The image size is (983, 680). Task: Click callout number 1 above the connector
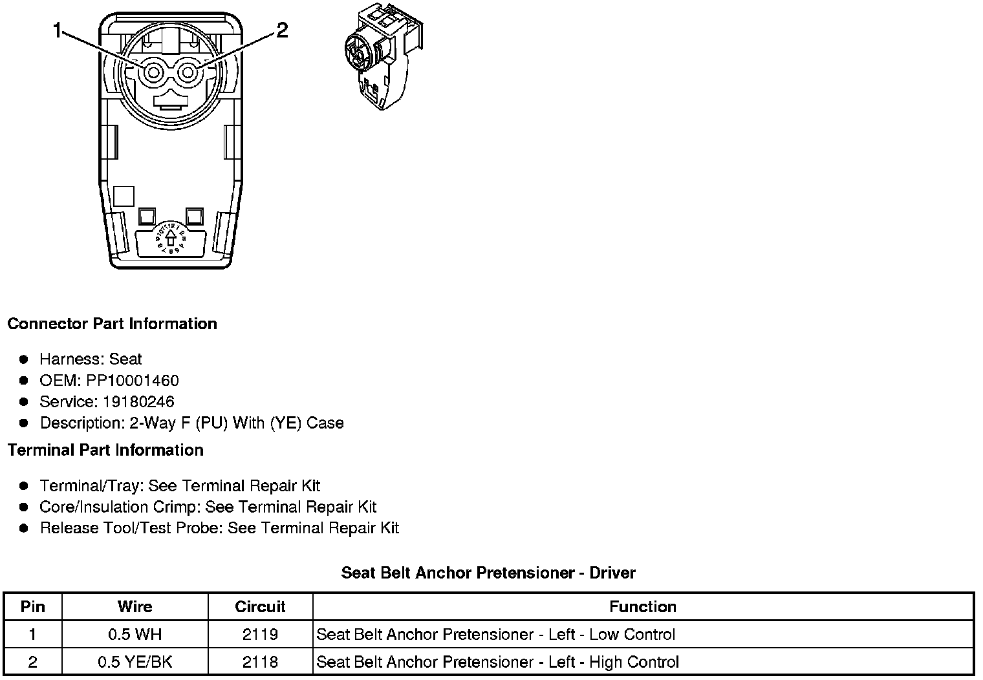point(58,30)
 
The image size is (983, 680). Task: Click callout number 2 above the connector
point(282,30)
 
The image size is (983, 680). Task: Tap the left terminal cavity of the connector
point(153,72)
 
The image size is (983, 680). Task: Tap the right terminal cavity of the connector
point(188,72)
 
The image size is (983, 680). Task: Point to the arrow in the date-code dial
point(171,239)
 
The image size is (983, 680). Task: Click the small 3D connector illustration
point(383,56)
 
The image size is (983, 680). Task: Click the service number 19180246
point(138,401)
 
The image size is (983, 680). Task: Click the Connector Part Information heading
point(112,323)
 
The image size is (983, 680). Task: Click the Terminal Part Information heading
point(105,450)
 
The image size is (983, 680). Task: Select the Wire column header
point(135,606)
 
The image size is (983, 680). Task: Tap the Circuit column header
point(260,606)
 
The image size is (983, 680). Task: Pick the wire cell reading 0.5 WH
point(135,634)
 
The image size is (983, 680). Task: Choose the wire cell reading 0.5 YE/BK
point(135,662)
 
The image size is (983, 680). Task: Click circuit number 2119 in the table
point(260,634)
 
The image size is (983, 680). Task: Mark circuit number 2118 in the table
point(260,662)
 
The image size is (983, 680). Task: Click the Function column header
point(643,606)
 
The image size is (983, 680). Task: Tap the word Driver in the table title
point(612,573)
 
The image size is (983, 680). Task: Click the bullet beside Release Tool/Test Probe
point(24,528)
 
